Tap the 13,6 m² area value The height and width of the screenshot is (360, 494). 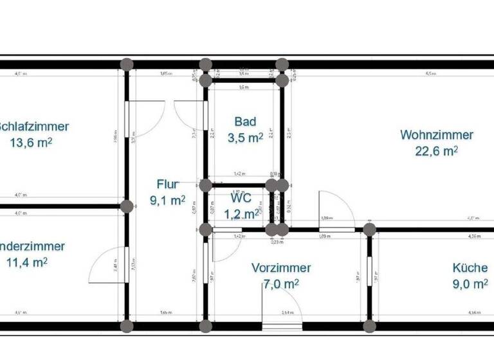(31, 143)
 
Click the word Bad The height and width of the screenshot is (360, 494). (245, 122)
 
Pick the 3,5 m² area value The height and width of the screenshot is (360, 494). (245, 137)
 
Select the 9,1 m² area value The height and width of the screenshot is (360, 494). (167, 200)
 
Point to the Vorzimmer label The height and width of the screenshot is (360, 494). (281, 268)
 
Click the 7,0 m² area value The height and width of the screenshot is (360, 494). (281, 283)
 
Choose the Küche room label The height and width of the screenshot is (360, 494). (470, 268)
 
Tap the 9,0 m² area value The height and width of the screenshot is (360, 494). (470, 283)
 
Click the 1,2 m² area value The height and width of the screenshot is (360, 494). (244, 213)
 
